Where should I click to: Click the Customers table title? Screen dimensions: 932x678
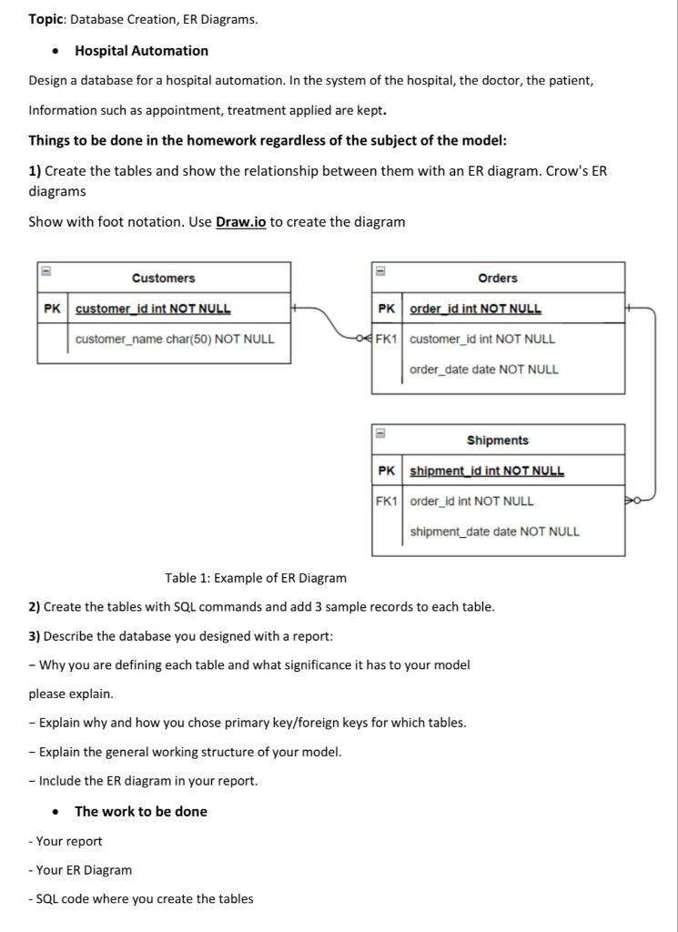click(163, 278)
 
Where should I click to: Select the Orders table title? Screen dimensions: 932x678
click(497, 278)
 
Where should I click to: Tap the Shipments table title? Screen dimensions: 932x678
click(497, 441)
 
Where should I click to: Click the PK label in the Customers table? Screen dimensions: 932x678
click(53, 309)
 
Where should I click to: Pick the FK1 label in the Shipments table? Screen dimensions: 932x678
click(387, 501)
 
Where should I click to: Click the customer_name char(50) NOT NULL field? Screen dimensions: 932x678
click(175, 339)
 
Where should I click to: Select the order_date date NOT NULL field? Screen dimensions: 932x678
click(484, 370)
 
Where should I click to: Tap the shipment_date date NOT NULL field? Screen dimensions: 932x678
click(494, 532)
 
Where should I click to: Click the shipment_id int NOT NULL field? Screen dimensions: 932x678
click(487, 471)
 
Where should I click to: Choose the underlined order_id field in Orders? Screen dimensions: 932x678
click(475, 309)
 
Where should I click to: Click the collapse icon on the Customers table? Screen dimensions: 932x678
click(43, 270)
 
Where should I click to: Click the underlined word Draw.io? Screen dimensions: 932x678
click(240, 222)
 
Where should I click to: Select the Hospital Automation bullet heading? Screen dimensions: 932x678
click(141, 51)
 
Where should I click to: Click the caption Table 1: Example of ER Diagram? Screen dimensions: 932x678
click(256, 578)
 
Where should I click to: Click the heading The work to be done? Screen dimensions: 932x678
click(140, 811)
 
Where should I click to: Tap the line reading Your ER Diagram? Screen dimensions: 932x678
click(82, 870)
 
